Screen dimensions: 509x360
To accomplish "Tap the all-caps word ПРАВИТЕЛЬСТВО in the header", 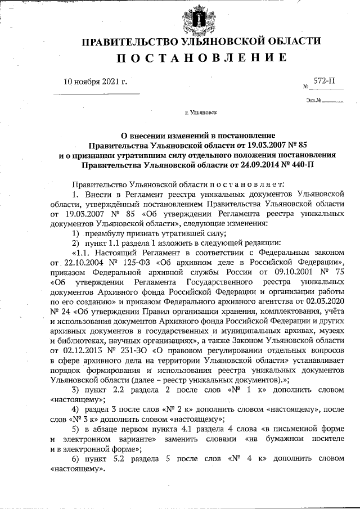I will [x=124, y=42].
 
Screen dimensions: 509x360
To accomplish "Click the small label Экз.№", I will [x=314, y=101].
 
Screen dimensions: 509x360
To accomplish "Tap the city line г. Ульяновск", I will [x=201, y=112].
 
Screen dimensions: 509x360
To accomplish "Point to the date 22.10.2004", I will [x=84, y=263].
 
